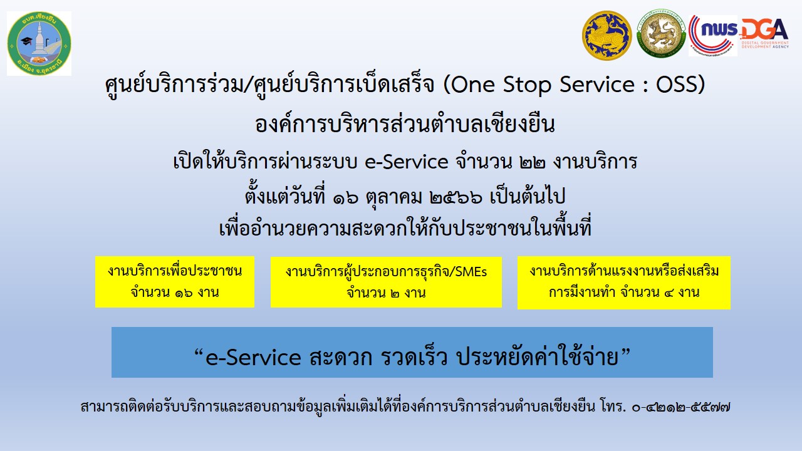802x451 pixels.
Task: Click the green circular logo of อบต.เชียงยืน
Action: [39, 43]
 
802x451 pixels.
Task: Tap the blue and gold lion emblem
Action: [607, 36]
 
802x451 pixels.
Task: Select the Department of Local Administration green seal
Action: [661, 34]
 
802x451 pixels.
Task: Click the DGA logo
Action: [764, 33]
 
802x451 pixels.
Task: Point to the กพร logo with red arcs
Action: [713, 36]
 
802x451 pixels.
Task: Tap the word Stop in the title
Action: [527, 85]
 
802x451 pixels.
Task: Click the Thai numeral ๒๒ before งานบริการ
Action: [532, 162]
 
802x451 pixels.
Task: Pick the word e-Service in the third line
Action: [407, 162]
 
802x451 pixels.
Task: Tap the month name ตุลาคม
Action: [393, 197]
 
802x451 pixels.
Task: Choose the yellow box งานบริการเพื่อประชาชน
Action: [175, 282]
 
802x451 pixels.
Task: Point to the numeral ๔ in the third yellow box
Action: [668, 293]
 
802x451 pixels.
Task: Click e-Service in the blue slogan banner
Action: [253, 357]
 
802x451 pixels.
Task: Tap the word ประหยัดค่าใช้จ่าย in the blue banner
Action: [538, 356]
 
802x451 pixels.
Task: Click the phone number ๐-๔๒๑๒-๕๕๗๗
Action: [681, 407]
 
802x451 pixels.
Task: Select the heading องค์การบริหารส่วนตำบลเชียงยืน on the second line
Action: [405, 124]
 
